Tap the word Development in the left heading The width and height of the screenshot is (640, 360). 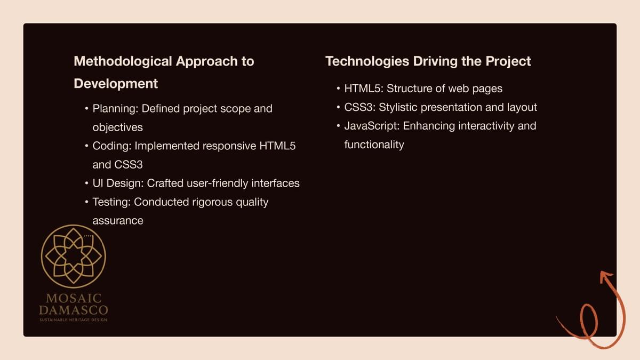(x=116, y=84)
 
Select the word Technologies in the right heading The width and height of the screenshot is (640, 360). (x=367, y=62)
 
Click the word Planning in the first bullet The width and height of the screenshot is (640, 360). (x=115, y=109)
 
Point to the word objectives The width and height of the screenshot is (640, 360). (x=117, y=127)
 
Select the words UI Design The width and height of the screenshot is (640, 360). (x=118, y=183)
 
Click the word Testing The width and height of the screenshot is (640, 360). (x=111, y=202)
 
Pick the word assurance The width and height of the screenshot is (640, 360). (x=118, y=221)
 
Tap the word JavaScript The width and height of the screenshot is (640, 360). (x=372, y=126)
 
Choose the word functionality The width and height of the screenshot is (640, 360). (x=374, y=145)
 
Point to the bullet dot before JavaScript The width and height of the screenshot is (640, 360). (x=338, y=126)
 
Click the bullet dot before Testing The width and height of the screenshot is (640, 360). (x=86, y=202)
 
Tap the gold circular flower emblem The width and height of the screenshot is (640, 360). (x=74, y=257)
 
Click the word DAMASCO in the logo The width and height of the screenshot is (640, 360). (x=74, y=310)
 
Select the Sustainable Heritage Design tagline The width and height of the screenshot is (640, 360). (x=74, y=320)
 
